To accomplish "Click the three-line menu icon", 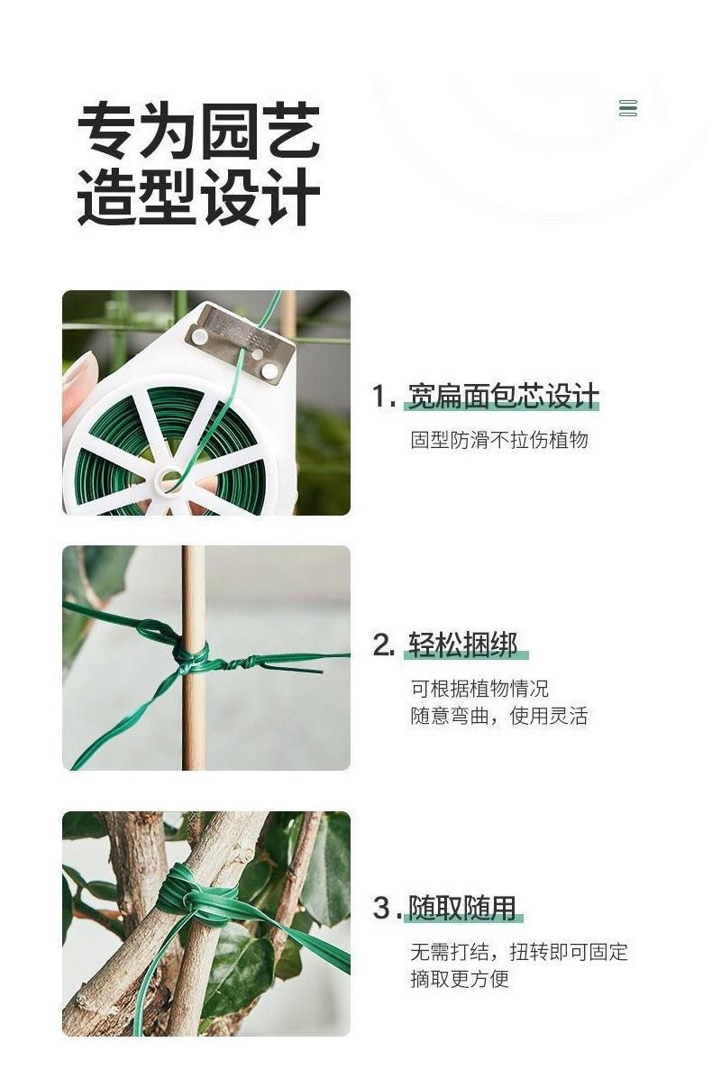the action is click(x=627, y=108).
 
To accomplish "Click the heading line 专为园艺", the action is click(x=198, y=131).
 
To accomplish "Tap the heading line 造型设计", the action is click(x=198, y=197).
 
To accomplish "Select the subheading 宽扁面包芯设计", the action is click(x=503, y=397).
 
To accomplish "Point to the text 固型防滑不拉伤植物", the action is click(x=499, y=440).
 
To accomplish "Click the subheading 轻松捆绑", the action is click(x=462, y=645).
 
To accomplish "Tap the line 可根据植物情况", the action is click(x=479, y=688).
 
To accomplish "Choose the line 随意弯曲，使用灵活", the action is click(x=499, y=716).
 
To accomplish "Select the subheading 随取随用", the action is click(x=462, y=908).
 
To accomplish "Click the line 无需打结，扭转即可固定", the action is click(x=519, y=952).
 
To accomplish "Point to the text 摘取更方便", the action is click(x=460, y=979).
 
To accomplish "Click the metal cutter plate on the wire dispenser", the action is click(x=241, y=342).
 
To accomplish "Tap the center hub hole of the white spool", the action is click(x=170, y=479).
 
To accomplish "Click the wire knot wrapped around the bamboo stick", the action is click(x=191, y=653).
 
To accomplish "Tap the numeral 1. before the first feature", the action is click(x=384, y=397).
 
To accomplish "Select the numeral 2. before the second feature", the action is click(x=384, y=645).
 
